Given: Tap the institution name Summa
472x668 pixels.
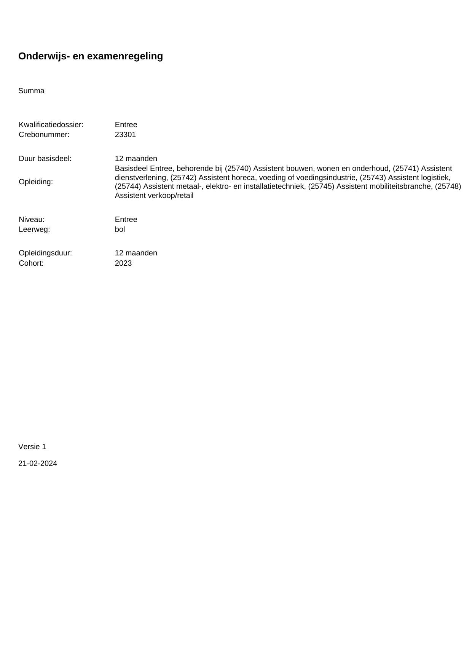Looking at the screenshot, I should click(31, 91).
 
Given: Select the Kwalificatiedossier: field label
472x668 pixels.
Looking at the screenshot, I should click(51, 125).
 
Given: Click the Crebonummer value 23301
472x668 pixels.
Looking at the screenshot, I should click(125, 135).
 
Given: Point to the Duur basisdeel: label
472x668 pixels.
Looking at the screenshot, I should click(45, 159).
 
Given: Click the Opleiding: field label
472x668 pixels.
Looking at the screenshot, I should click(36, 182).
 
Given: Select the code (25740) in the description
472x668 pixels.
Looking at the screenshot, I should click(238, 169).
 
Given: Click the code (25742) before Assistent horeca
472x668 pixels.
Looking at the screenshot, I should click(183, 178).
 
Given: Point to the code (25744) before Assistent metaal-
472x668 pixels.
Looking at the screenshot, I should click(128, 187).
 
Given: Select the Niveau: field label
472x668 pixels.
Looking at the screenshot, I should click(32, 220).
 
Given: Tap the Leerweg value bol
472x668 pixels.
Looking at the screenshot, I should click(120, 230).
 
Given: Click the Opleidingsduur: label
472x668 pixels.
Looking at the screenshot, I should click(45, 253).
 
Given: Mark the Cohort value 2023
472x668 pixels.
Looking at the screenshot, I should click(123, 263).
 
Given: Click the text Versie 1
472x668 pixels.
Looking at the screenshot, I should click(32, 447).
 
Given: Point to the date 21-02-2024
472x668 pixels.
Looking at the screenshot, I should click(38, 464).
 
